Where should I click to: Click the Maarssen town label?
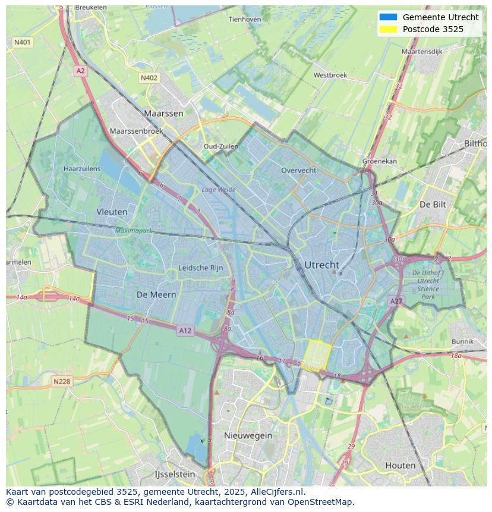(x=163, y=113)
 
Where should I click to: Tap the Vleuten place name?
(x=112, y=212)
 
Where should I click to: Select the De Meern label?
(x=156, y=294)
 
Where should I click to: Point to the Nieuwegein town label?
(x=248, y=435)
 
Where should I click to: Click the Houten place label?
(x=400, y=465)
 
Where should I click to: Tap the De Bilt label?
(x=433, y=204)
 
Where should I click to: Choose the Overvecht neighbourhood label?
(x=298, y=170)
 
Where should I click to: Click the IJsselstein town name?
(x=175, y=475)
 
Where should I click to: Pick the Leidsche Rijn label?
(x=201, y=268)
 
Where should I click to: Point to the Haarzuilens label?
(x=82, y=169)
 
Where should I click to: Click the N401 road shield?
(x=22, y=43)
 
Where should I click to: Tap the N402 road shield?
(x=149, y=78)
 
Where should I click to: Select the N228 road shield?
(x=62, y=381)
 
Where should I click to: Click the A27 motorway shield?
(x=396, y=301)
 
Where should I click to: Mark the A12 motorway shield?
(x=185, y=331)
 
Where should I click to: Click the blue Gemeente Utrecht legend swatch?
(x=388, y=17)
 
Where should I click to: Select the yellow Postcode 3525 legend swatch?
(x=388, y=29)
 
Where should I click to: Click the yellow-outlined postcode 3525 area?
(x=317, y=356)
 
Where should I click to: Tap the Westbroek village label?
(x=330, y=76)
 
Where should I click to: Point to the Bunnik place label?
(x=462, y=341)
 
